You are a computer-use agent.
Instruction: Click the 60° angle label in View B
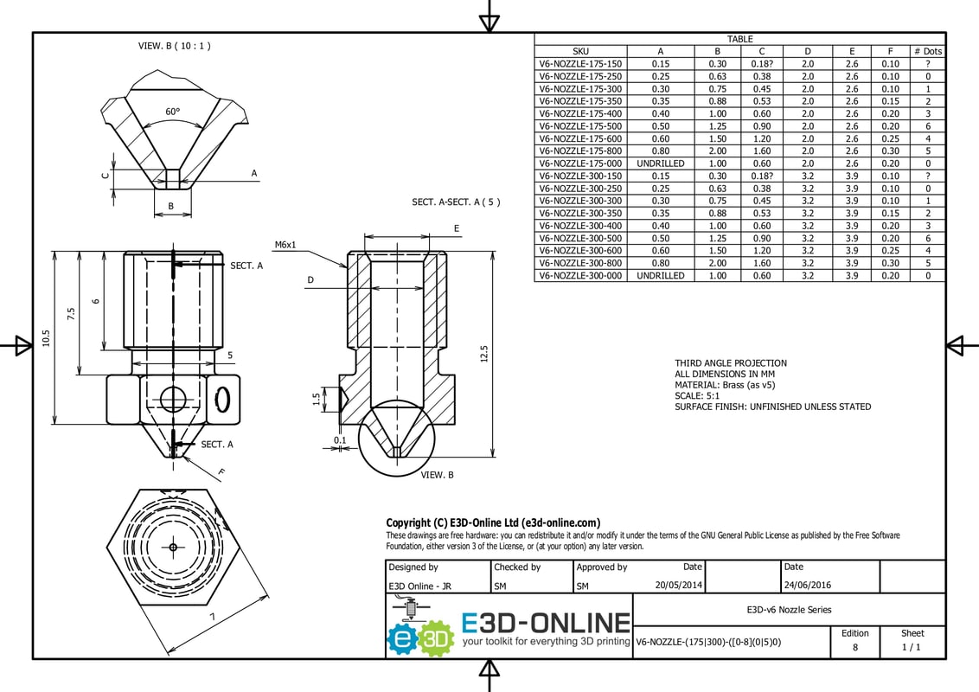[172, 112]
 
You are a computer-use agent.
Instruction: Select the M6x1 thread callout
[285, 245]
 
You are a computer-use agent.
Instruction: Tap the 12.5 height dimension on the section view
[484, 354]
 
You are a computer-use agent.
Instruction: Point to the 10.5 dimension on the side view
[46, 338]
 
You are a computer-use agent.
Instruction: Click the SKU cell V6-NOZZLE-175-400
[580, 113]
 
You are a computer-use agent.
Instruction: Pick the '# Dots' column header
[928, 51]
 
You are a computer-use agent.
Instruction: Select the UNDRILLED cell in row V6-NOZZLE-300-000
[661, 275]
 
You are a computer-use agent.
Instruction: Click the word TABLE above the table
[739, 39]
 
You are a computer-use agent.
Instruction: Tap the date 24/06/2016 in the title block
[808, 586]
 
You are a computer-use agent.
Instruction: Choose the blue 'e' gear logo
[403, 638]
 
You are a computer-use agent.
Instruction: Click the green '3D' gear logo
[436, 638]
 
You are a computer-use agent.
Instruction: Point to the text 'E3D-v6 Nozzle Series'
[790, 610]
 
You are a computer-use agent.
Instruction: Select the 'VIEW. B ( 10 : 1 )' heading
[174, 46]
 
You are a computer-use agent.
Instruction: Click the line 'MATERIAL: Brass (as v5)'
[725, 385]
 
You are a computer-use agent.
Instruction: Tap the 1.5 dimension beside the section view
[317, 398]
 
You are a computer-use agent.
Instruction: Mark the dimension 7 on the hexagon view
[212, 617]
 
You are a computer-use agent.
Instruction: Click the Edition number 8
[855, 647]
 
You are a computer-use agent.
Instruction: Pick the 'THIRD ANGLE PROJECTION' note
[731, 362]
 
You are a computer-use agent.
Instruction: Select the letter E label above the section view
[457, 228]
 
